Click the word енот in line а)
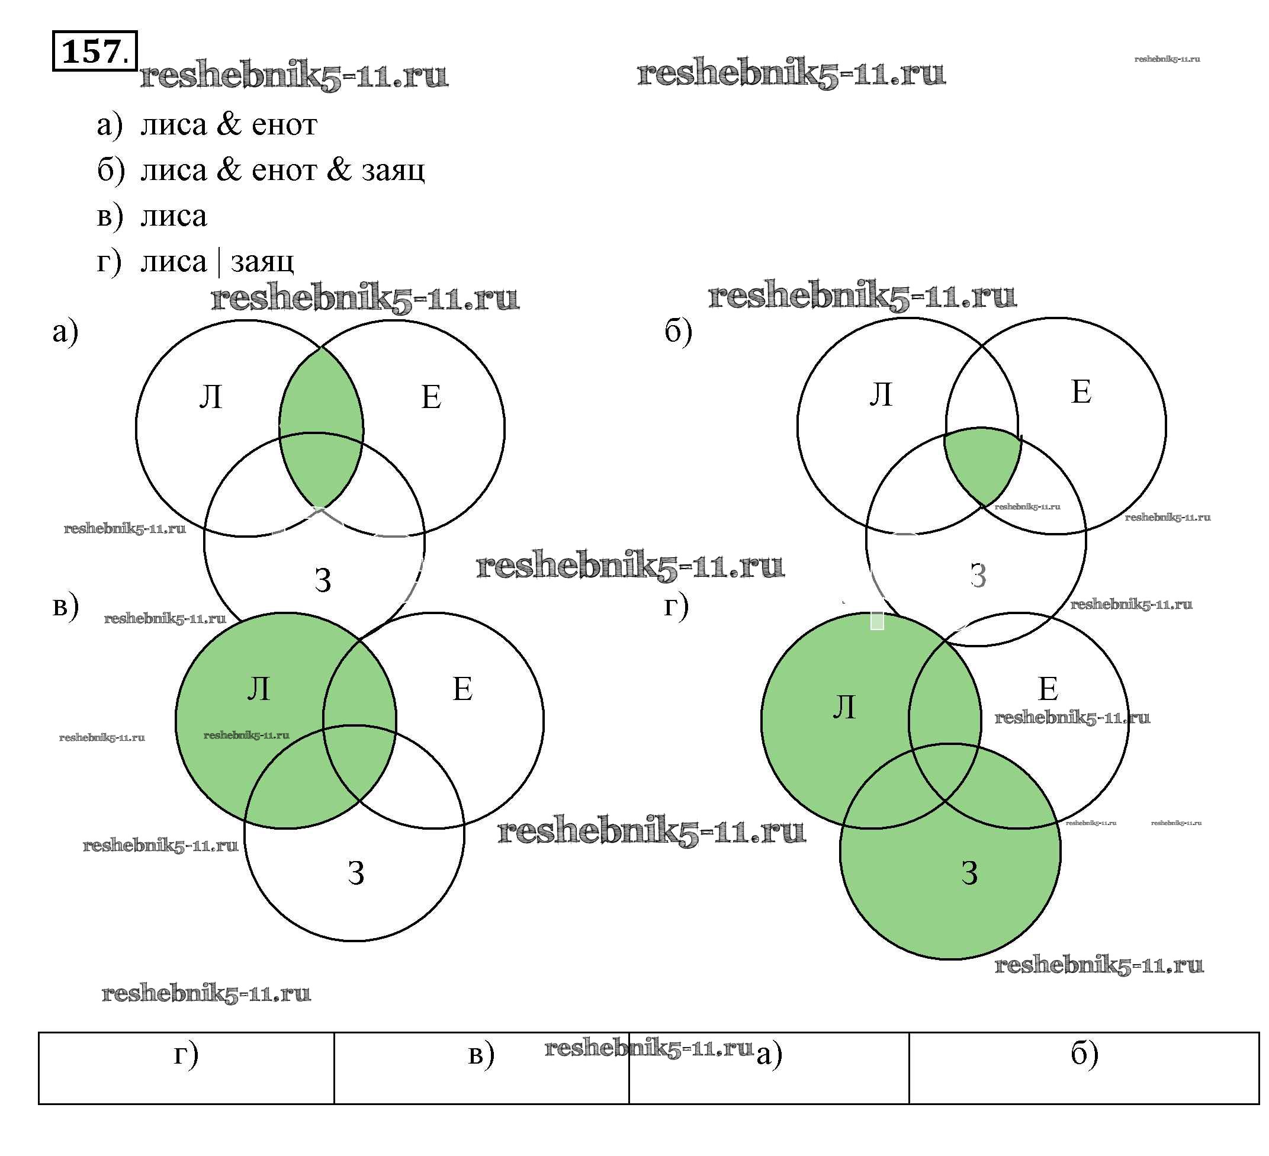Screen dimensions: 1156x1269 click(x=284, y=125)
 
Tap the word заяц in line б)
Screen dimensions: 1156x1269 click(x=393, y=170)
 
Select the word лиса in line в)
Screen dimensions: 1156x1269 click(x=174, y=216)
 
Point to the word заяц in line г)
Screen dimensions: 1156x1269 click(x=262, y=261)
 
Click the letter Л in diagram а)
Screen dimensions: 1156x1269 click(x=211, y=397)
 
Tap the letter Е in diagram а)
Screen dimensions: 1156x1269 click(x=431, y=397)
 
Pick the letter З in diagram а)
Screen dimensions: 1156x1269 click(x=323, y=580)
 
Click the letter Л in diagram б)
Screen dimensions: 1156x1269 click(x=881, y=395)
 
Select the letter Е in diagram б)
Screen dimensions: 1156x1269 click(x=1081, y=391)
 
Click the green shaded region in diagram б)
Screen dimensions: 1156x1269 click(x=981, y=463)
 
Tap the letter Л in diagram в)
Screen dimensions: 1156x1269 click(x=258, y=689)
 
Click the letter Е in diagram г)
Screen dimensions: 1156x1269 click(x=1048, y=689)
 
